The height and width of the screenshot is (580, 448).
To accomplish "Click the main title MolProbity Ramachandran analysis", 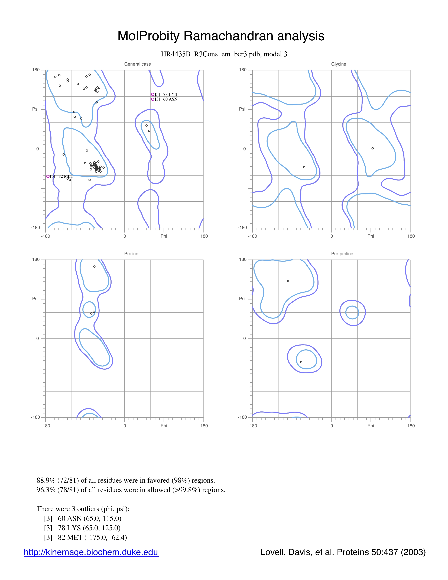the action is (221, 36).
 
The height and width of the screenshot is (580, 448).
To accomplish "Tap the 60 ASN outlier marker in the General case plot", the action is (153, 99).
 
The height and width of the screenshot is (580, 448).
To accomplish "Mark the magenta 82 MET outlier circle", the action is (48, 176).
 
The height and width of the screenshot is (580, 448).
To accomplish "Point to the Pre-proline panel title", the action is (342, 254).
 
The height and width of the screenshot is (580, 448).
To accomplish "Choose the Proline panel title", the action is (131, 254).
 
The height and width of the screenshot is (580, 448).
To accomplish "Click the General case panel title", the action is (138, 64).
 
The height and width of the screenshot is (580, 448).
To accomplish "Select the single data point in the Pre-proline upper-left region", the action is (288, 281).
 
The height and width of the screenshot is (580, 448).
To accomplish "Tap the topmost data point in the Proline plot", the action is (94, 267).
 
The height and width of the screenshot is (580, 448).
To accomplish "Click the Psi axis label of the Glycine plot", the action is (242, 109).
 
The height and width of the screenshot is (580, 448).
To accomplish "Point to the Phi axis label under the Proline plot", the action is (164, 426).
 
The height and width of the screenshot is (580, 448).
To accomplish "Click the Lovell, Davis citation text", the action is (343, 552).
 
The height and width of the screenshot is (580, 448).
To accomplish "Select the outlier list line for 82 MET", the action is (85, 537).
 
